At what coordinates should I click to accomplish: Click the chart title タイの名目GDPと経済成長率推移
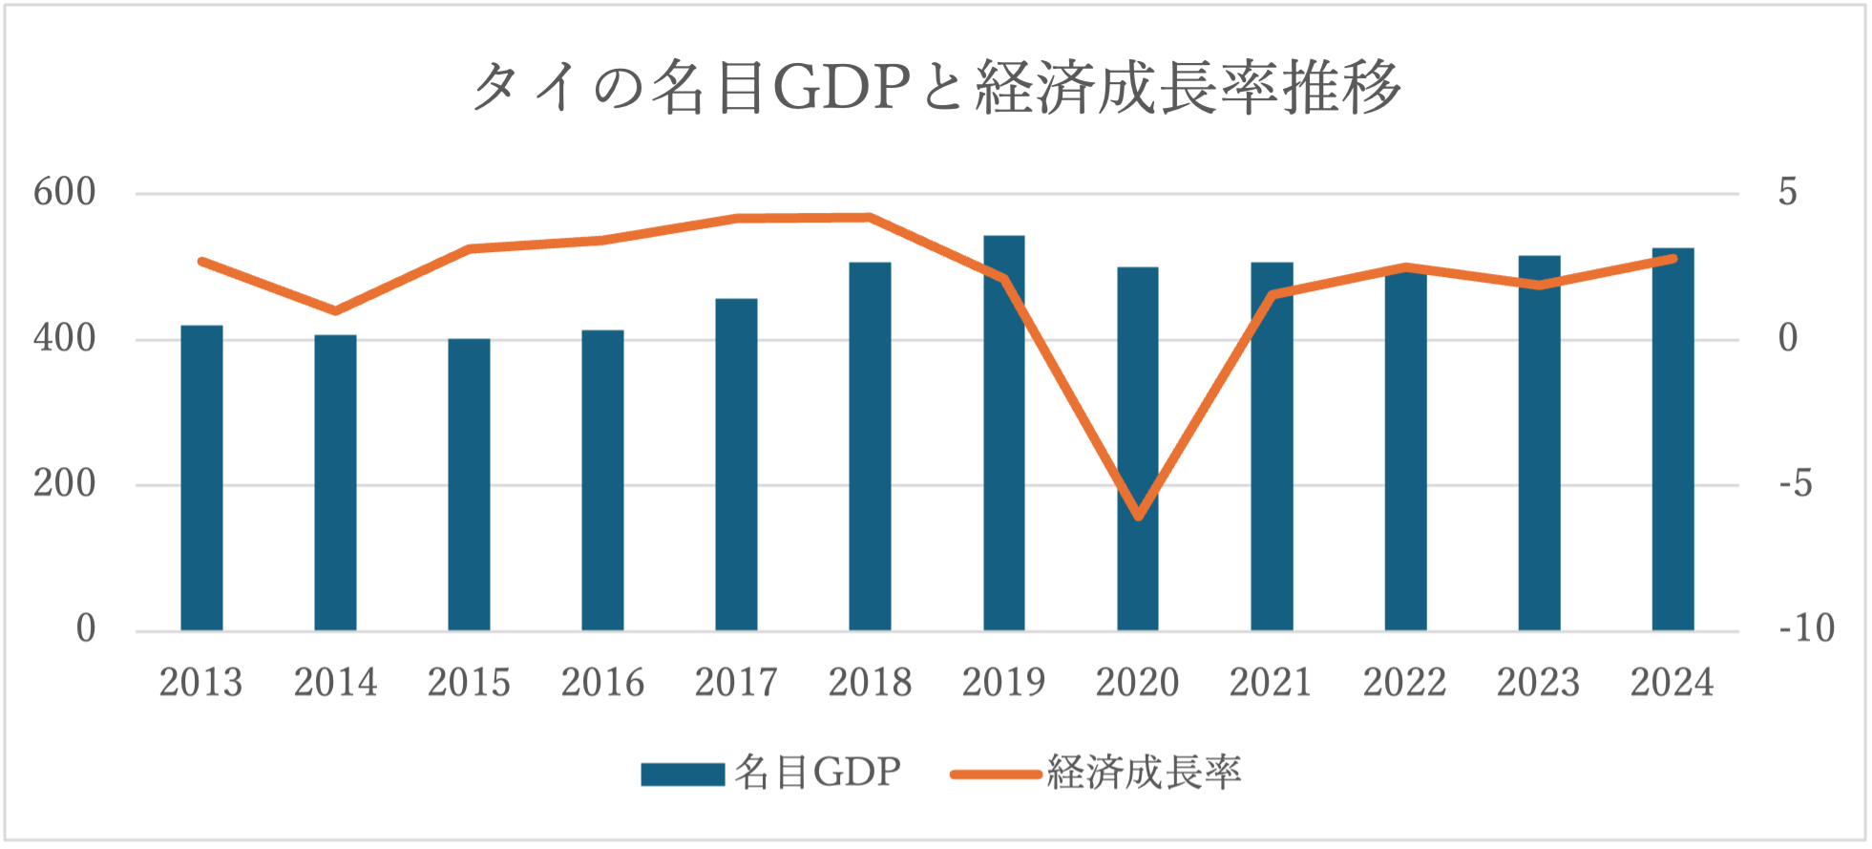[936, 87]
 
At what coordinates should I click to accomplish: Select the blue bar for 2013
[201, 478]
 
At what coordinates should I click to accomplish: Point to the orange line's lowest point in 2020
[1138, 517]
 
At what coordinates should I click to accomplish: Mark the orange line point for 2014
[335, 310]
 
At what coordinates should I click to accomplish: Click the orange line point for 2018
[870, 217]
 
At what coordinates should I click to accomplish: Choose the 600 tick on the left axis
[65, 193]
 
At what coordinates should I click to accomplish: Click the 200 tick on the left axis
[65, 484]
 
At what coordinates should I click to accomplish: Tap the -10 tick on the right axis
[1806, 629]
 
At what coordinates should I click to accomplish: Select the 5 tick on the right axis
[1788, 193]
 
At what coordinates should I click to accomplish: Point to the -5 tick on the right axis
[1796, 484]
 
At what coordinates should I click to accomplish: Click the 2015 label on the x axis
[469, 683]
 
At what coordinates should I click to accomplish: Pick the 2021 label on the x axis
[1271, 683]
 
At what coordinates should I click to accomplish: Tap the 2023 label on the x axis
[1538, 683]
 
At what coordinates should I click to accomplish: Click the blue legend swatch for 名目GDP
[683, 774]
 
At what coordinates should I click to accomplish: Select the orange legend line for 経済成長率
[996, 774]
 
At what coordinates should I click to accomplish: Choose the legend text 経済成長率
[1145, 773]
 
